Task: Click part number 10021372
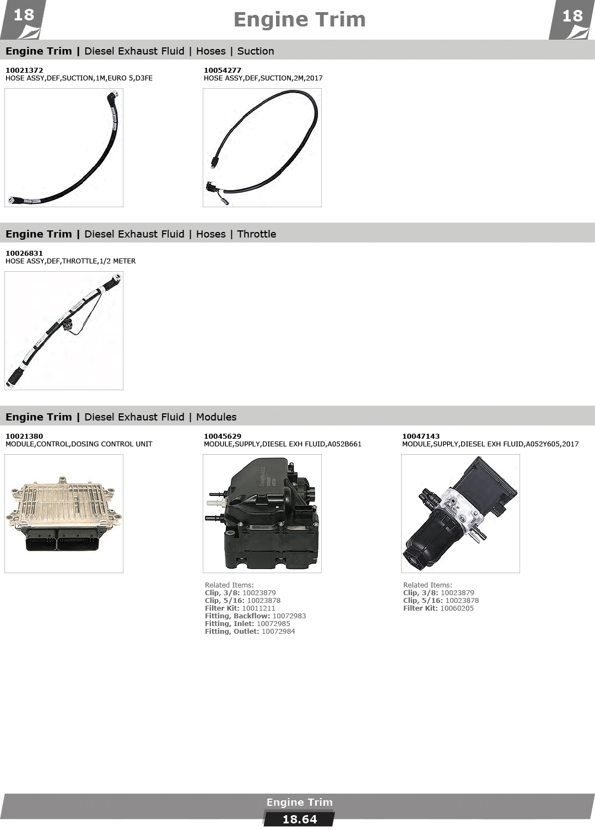coord(24,70)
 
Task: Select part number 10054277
coord(222,70)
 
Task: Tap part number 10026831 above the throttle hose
coord(24,253)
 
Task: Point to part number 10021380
coord(24,436)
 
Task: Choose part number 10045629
coord(222,436)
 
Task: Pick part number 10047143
coord(421,436)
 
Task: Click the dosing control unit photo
coord(64,514)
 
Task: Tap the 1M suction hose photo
coord(64,148)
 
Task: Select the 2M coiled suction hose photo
coord(262,148)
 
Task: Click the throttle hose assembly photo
coord(64,331)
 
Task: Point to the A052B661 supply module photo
coord(262,514)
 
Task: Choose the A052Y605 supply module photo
coord(460,514)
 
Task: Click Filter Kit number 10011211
coord(258,608)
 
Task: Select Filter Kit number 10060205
coord(457,608)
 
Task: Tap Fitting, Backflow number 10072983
coord(289,616)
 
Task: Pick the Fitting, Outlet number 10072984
coord(278,632)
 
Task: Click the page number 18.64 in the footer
coord(300,820)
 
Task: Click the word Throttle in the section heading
coord(256,234)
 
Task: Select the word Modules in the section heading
coord(216,417)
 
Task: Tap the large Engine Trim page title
coord(299,20)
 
